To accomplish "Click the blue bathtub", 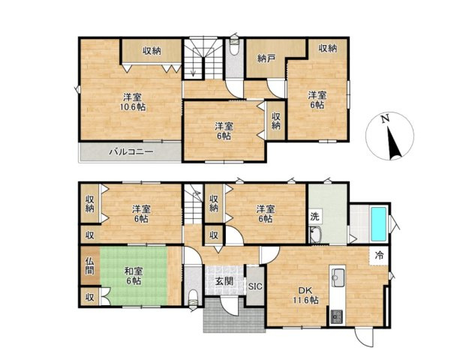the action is click(x=379, y=224).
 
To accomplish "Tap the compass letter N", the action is click(x=384, y=118).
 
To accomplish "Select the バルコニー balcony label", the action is click(x=131, y=151).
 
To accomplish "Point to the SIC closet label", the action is click(x=255, y=286).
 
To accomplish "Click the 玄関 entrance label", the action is click(x=224, y=281).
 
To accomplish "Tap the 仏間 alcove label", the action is click(x=89, y=265).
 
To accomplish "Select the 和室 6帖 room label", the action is click(x=134, y=276).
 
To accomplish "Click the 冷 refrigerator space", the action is click(x=379, y=256).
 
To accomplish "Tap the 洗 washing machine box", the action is click(x=315, y=216).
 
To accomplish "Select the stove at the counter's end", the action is click(x=336, y=316).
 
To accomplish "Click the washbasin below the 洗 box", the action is click(x=316, y=235).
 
